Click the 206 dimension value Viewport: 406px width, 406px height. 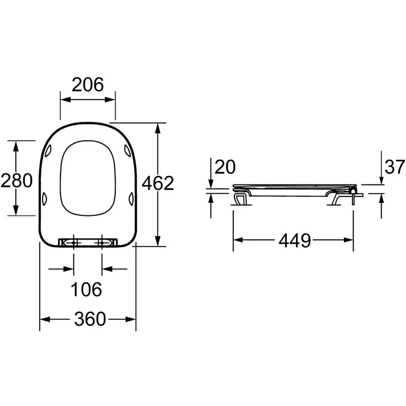click(87, 85)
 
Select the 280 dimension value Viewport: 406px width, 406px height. click(17, 180)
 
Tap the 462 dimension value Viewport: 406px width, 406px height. click(157, 183)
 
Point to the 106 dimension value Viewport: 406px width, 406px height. click(86, 289)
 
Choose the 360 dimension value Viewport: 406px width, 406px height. click(90, 319)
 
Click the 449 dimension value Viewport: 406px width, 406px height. click(294, 241)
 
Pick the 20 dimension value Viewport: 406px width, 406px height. click(225, 167)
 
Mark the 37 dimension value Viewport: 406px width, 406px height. click(395, 167)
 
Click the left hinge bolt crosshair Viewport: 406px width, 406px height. click(74, 243)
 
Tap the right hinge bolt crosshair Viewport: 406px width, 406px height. click(102, 243)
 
